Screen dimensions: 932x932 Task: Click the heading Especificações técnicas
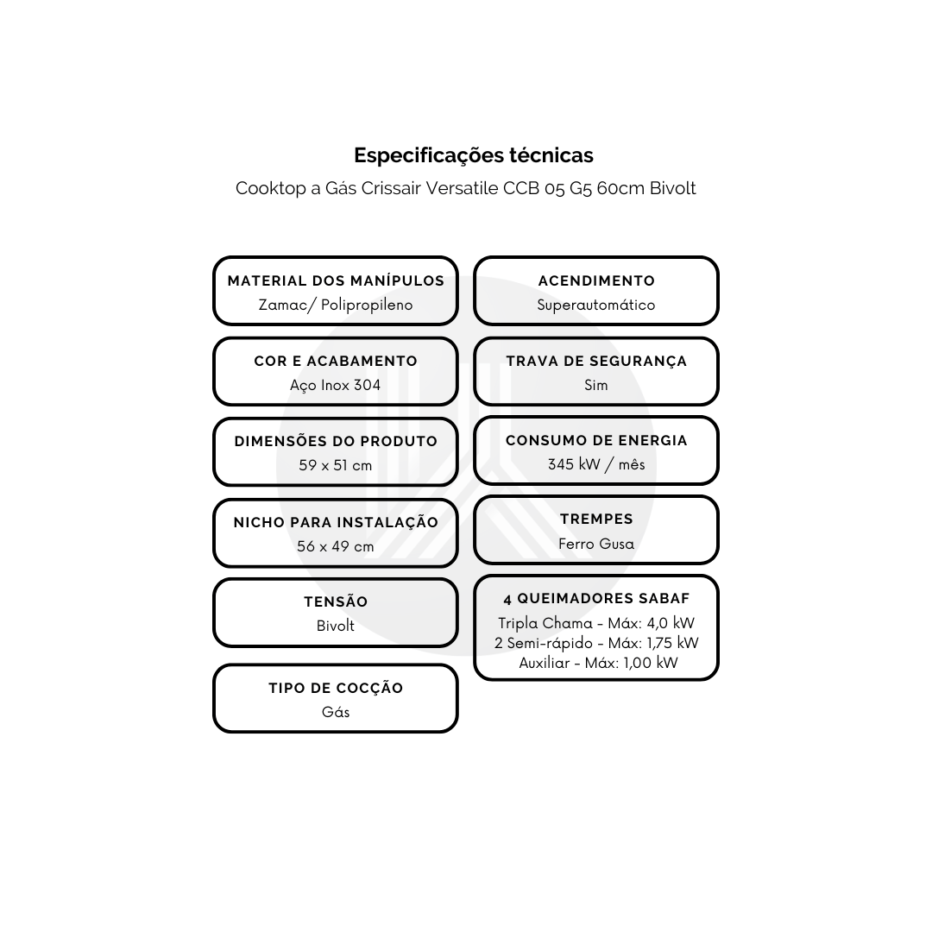[474, 155]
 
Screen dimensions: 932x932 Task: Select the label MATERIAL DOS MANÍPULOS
[336, 280]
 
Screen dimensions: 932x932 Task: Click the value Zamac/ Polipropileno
[336, 305]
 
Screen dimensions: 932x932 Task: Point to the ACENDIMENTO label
[596, 280]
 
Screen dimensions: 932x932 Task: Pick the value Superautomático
[596, 305]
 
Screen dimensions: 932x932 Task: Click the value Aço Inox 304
[335, 385]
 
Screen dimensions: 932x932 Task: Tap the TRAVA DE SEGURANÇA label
[596, 362]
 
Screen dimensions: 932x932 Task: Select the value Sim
[596, 385]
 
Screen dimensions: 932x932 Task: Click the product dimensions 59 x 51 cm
[335, 465]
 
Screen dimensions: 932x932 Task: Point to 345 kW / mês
[596, 464]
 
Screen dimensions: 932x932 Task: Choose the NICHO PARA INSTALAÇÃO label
[336, 522]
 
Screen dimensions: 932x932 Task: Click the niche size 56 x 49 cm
[335, 546]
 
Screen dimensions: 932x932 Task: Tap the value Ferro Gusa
[596, 544]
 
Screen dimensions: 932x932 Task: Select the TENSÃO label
[336, 601]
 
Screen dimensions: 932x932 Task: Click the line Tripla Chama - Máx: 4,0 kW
[596, 623]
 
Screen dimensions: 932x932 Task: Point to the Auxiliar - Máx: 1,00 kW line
[598, 663]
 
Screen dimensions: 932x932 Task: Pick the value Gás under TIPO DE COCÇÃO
[336, 712]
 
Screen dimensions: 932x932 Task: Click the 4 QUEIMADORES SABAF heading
[596, 599]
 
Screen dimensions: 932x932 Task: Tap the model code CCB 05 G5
[544, 188]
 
